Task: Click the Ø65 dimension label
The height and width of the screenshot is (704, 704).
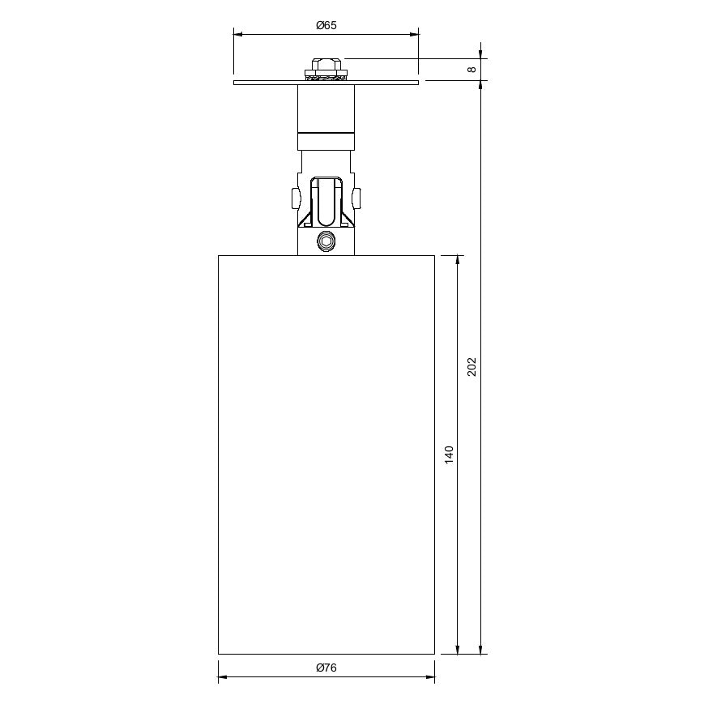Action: pos(326,25)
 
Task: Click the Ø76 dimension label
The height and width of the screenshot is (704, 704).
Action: pos(326,668)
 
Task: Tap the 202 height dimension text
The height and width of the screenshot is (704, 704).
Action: pos(471,367)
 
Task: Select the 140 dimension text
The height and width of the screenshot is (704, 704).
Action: pos(449,454)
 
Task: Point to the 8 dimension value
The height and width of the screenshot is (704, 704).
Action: pos(471,69)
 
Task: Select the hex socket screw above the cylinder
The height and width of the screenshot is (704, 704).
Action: pos(326,241)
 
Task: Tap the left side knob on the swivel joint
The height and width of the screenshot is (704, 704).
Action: pos(295,198)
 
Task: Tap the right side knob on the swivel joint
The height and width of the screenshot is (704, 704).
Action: pos(357,198)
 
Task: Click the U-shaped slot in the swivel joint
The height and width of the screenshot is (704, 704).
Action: pos(326,202)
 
